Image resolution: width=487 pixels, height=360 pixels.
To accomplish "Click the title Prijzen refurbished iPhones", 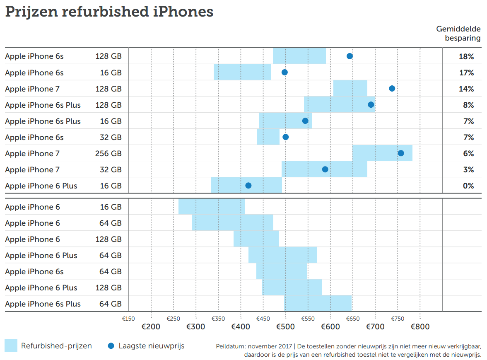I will tap(109, 12).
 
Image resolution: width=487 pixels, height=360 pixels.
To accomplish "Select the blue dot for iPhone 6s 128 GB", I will tap(350, 56).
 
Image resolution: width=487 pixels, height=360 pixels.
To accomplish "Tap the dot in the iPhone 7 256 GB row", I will tap(401, 153).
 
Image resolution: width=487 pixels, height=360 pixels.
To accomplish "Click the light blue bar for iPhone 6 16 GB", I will tap(212, 207).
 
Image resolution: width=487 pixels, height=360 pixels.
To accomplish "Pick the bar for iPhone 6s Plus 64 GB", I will tap(318, 304).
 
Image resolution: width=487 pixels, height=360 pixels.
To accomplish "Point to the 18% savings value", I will tap(466, 56).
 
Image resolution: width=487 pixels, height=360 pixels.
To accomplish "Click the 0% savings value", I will tap(468, 186).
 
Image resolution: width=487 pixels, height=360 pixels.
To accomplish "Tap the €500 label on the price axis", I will tap(285, 327).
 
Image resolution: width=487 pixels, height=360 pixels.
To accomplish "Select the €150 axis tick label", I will tap(128, 319).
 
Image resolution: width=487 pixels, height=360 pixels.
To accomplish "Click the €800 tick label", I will tap(420, 327).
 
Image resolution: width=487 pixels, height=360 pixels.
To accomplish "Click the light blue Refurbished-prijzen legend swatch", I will tap(11, 346).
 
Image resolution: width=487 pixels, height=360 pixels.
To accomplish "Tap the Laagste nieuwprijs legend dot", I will tap(111, 346).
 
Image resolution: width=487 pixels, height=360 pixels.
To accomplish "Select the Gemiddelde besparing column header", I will tap(458, 34).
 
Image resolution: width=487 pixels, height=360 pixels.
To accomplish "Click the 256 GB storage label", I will tap(108, 154).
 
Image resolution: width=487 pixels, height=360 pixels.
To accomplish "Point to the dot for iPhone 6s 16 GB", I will tap(284, 72).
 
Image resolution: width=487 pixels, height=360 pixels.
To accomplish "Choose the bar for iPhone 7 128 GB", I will tap(350, 89).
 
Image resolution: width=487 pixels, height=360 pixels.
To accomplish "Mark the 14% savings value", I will tap(466, 89).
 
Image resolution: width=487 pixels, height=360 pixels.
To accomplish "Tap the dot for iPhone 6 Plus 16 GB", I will tap(248, 186).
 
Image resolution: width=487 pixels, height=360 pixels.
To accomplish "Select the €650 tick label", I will tap(353, 319).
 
